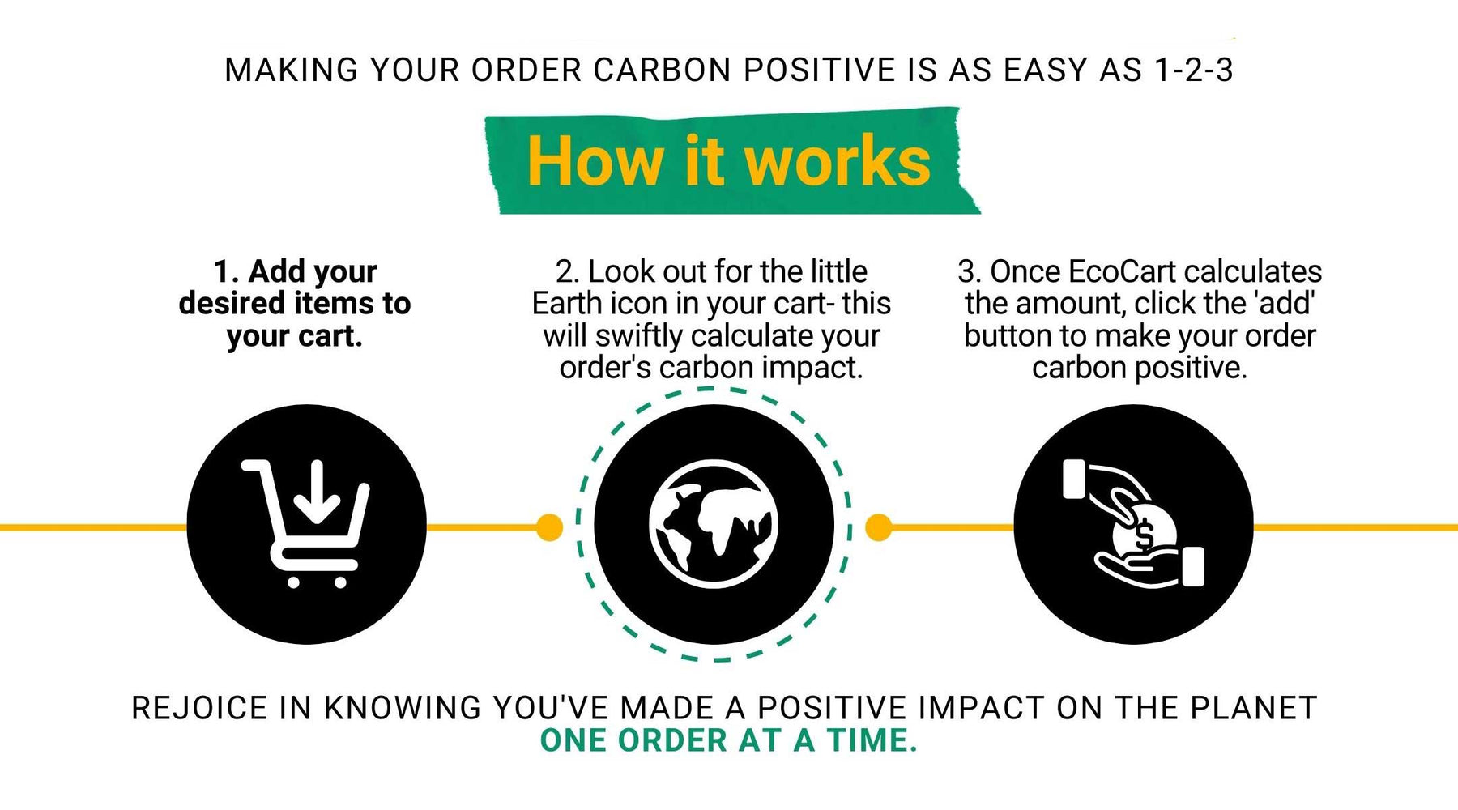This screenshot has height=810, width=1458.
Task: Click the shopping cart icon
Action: [x=306, y=523]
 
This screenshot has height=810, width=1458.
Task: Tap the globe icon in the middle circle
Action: [x=714, y=524]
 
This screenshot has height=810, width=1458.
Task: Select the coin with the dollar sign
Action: [x=1144, y=531]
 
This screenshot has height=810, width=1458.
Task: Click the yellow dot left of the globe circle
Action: [x=549, y=527]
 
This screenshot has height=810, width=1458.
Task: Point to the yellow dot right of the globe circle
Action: [x=879, y=527]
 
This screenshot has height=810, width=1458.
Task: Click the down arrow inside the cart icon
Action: [x=317, y=492]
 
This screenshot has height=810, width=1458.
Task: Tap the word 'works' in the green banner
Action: [x=838, y=161]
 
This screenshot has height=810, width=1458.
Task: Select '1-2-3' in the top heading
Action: [x=1194, y=70]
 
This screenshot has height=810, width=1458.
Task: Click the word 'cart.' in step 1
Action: [x=329, y=336]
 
